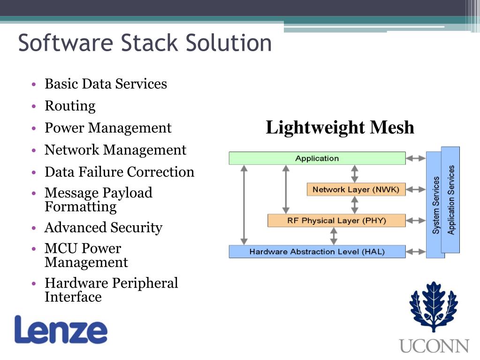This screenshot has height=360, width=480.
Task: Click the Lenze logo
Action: point(61,329)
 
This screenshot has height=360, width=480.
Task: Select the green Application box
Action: point(317,158)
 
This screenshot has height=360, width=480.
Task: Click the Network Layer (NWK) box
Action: point(356,190)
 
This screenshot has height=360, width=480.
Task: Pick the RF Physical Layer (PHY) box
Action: point(336,221)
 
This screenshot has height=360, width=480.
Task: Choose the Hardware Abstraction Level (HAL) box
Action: point(317,252)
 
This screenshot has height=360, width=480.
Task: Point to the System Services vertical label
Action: point(436,205)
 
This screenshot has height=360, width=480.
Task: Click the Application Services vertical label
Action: point(451,200)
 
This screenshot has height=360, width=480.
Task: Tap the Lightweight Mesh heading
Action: point(340,128)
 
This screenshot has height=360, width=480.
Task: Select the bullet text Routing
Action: point(70,106)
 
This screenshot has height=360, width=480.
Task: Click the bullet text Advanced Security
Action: point(103,228)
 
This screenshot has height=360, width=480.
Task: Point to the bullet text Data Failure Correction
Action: point(119,172)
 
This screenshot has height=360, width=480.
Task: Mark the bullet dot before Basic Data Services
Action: point(34,84)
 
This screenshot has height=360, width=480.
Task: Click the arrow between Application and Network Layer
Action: point(355,174)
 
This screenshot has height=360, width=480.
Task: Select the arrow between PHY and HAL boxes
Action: point(334,236)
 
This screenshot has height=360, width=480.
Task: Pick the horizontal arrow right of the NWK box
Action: point(416,190)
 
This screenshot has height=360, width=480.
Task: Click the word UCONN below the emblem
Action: point(434,346)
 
